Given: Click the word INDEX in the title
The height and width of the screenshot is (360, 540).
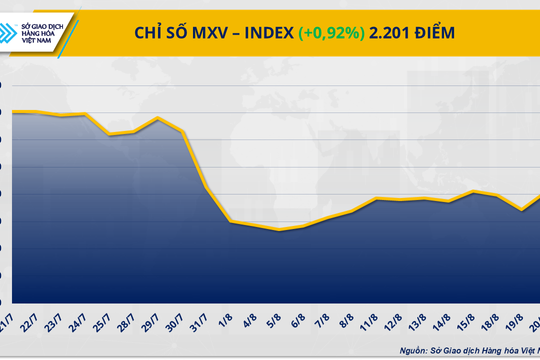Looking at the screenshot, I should (260, 33).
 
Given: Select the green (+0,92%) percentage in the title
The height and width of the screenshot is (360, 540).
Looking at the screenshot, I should (332, 33).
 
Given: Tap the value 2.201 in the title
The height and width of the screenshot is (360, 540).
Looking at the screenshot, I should (393, 33).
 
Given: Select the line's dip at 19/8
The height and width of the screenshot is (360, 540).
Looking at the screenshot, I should (520, 211).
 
